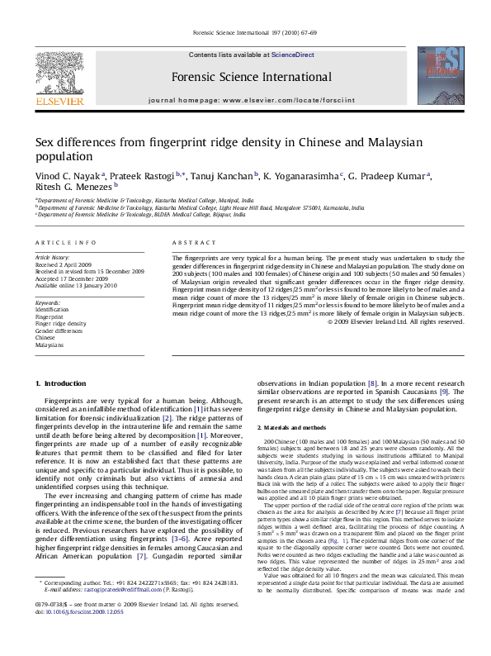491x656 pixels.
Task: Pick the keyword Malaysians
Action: tap(49, 345)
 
